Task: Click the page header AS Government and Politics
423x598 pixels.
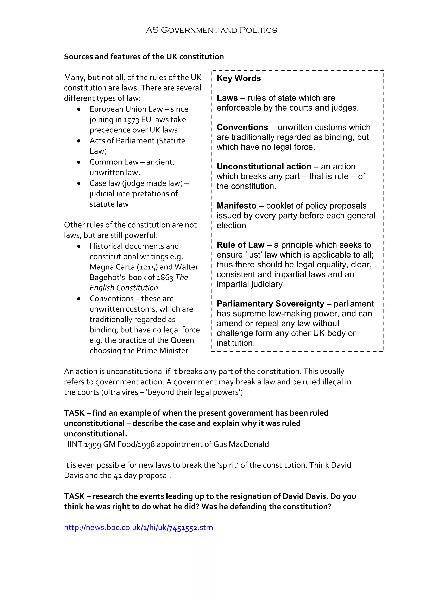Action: click(x=211, y=30)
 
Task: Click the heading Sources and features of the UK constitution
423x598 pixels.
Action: click(x=144, y=57)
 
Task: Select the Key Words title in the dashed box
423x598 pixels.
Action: click(x=239, y=78)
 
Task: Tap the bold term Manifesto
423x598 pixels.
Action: click(x=236, y=206)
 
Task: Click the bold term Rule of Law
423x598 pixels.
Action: click(x=240, y=245)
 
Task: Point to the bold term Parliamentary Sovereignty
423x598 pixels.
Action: click(x=270, y=304)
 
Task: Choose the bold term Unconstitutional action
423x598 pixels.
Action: click(x=264, y=167)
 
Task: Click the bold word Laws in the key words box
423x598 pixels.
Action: click(x=227, y=98)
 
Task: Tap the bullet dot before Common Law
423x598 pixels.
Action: click(x=79, y=162)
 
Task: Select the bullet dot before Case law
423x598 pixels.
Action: click(x=79, y=184)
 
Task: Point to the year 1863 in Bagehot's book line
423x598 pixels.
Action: click(x=165, y=278)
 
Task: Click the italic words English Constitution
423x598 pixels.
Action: click(x=124, y=288)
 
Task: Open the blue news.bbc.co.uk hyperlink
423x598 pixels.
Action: click(x=138, y=527)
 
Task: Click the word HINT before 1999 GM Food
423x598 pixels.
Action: click(x=73, y=444)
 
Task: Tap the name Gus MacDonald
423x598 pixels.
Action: click(x=241, y=444)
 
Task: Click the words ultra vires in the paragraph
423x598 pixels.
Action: click(x=121, y=392)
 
